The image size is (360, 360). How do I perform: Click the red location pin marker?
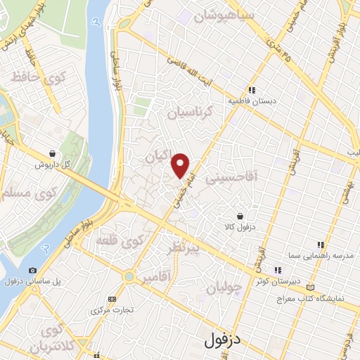(x=181, y=165)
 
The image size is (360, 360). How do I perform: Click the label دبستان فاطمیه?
(x=252, y=101)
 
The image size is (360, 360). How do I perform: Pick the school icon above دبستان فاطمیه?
(x=252, y=89)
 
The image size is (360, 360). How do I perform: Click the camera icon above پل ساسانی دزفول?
(x=32, y=270)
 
